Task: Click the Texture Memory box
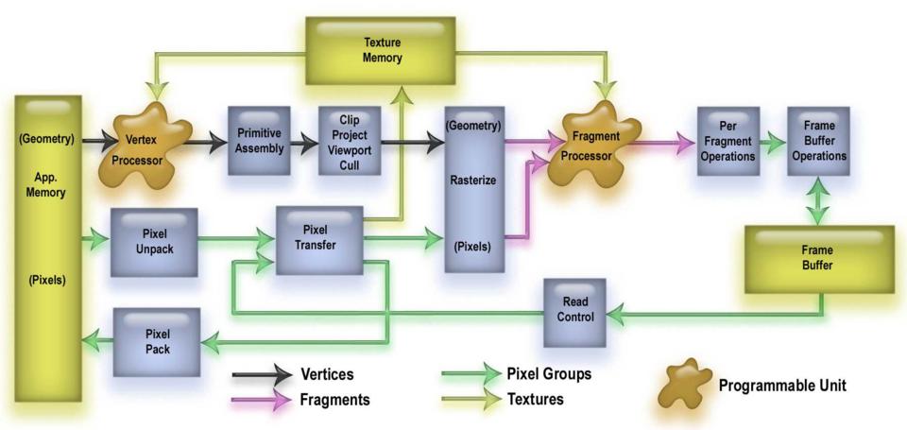[383, 49]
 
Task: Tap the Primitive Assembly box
[258, 141]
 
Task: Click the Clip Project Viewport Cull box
[349, 141]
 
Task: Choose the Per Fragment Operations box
[727, 141]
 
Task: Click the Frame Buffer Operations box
[818, 141]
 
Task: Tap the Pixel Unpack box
[154, 242]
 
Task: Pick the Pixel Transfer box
[319, 239]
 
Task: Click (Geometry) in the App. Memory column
[46, 140]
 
